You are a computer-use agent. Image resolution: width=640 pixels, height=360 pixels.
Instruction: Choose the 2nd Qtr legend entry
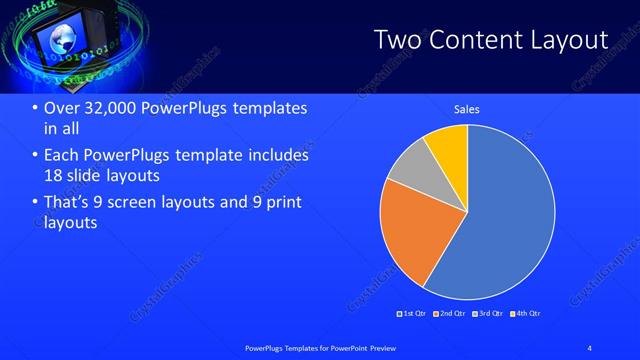[x=449, y=314]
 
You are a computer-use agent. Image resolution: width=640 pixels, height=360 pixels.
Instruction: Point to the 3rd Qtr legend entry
[x=487, y=314]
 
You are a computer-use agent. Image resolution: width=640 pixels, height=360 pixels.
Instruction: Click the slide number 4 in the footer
[x=590, y=347]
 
